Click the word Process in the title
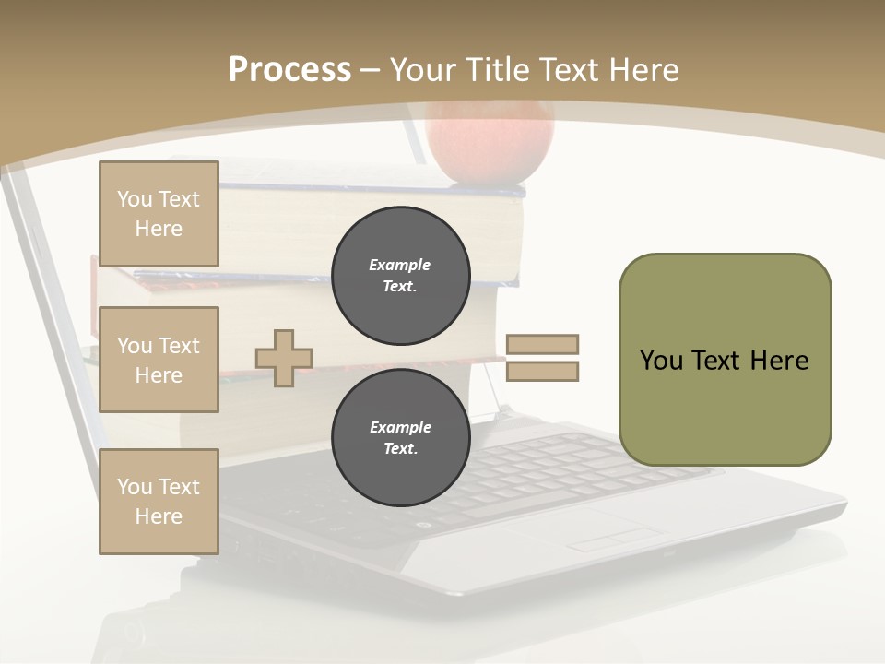click(289, 70)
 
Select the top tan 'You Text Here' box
click(159, 214)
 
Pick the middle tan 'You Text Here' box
click(159, 360)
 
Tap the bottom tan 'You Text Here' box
click(159, 502)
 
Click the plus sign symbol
click(284, 360)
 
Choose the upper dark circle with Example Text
click(401, 275)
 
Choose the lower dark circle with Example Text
click(401, 437)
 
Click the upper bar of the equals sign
click(542, 344)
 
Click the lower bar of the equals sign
click(542, 371)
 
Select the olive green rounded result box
click(725, 360)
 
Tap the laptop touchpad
click(608, 531)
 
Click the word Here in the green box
click(779, 361)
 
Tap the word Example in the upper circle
click(399, 265)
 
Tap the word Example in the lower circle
click(400, 427)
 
